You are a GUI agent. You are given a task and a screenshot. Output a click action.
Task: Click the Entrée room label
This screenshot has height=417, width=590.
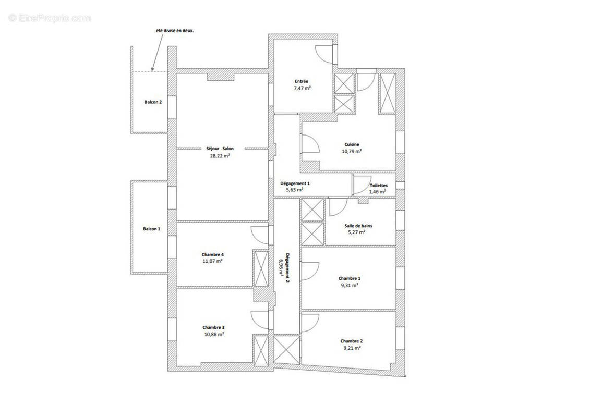point(301,81)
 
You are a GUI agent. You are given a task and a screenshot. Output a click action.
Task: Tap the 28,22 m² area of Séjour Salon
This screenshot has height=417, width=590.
point(220,155)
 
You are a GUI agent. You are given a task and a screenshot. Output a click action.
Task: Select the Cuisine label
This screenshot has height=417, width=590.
point(352,144)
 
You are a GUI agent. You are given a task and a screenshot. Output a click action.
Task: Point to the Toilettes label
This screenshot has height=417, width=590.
point(378,186)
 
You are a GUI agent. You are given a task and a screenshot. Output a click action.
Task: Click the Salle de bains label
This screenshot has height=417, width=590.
point(358,226)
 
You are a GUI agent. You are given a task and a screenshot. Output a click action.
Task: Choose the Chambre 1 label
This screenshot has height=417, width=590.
point(349,278)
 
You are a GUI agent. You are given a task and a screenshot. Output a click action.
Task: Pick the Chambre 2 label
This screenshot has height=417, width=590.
point(351,341)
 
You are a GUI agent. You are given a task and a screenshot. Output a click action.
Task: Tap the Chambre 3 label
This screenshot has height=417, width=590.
point(213,327)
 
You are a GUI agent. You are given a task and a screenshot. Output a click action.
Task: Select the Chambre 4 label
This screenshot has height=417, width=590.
point(212,254)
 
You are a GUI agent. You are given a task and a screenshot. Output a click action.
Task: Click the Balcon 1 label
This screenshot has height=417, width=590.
point(152,229)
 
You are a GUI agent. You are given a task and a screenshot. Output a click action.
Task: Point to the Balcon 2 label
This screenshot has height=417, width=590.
point(153,102)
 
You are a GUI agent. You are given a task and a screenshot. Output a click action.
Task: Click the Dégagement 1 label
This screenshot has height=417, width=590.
point(295,183)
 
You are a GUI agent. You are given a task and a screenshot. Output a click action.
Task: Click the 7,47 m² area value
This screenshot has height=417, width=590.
point(302,89)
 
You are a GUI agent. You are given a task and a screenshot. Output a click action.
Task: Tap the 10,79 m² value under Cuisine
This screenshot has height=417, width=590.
point(352,151)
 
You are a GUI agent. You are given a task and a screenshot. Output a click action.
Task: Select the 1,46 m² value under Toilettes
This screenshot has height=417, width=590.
point(377,192)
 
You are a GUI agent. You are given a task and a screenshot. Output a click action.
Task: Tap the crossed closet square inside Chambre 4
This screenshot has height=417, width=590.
point(260,268)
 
